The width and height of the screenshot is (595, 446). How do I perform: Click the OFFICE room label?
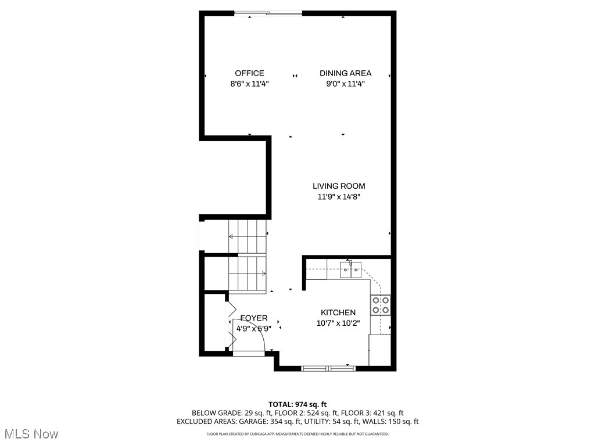[x=249, y=73]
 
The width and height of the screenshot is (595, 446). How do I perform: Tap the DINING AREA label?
[x=345, y=73]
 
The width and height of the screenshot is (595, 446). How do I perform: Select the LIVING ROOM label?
[x=339, y=186]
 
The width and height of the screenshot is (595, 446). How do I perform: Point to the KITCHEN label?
[x=338, y=312]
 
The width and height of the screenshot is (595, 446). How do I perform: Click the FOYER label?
[x=254, y=318]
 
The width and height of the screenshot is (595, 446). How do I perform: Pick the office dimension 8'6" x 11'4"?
[x=249, y=84]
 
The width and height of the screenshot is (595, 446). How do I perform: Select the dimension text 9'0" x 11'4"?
[x=345, y=84]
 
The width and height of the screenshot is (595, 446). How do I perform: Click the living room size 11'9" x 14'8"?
[x=339, y=197]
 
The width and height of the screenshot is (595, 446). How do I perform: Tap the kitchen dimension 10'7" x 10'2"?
[x=338, y=323]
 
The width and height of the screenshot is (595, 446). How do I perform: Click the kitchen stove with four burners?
[x=381, y=305]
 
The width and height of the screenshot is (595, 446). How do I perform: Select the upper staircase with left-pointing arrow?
[x=248, y=236]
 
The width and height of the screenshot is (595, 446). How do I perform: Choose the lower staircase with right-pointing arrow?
[x=248, y=273]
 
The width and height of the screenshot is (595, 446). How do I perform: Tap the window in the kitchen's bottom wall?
[x=328, y=368]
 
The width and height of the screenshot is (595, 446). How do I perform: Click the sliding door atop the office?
[x=268, y=13]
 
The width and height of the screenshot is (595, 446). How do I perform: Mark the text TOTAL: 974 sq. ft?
[x=297, y=404]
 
